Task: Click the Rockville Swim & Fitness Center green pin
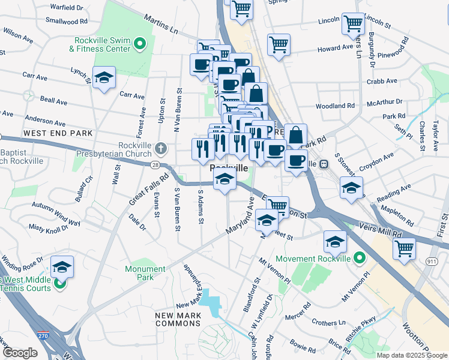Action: point(140,43)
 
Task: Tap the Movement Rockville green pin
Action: point(360,259)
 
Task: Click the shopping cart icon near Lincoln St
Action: point(354,23)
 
